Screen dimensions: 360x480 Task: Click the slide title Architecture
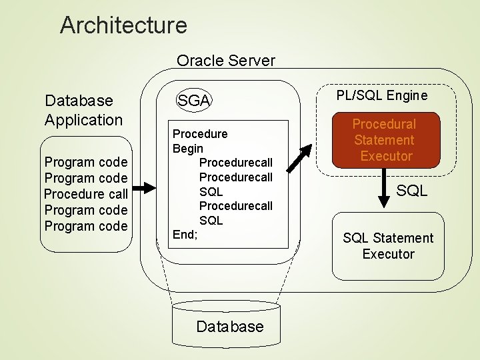[x=123, y=25]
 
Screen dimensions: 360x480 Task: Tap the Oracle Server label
[x=225, y=61]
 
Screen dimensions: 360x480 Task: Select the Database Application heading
[x=84, y=110]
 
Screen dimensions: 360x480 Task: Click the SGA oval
[x=193, y=101]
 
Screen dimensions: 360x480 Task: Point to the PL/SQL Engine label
[x=382, y=95]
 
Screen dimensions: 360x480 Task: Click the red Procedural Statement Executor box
[x=383, y=140]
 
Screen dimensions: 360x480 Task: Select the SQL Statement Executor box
[x=387, y=246]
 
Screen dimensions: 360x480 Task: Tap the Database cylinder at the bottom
[x=230, y=326]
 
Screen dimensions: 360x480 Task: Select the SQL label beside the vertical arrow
[x=413, y=191]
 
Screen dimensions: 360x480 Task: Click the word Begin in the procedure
[x=188, y=148]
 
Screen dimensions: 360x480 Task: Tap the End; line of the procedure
[x=185, y=235]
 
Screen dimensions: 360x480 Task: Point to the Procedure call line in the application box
[x=85, y=194]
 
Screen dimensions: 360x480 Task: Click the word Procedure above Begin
[x=200, y=133]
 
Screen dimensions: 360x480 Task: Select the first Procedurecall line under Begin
[x=236, y=163]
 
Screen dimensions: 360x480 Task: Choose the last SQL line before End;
[x=211, y=220]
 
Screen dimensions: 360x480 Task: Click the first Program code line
[x=85, y=162]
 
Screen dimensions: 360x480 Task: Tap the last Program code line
[x=85, y=226]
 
